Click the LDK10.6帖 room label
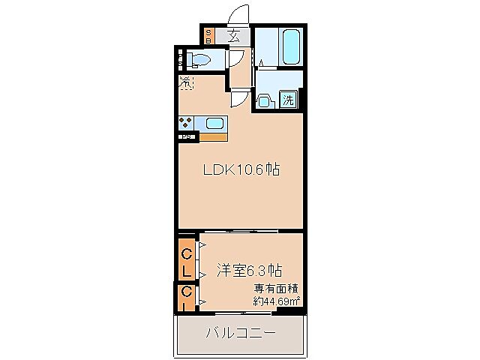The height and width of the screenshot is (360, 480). point(242,170)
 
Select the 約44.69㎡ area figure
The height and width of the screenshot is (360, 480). point(277,301)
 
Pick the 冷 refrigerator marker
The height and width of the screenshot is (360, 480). point(186,83)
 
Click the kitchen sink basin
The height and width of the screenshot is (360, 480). point(214,123)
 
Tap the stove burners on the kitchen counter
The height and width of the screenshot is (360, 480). point(186,123)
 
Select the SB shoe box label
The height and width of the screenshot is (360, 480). point(209,35)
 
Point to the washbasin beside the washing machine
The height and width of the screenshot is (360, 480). point(265,100)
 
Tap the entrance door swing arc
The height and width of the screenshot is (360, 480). point(238,16)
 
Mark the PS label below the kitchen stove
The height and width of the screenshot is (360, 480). point(185,136)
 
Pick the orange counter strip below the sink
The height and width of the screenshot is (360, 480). point(213,136)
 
